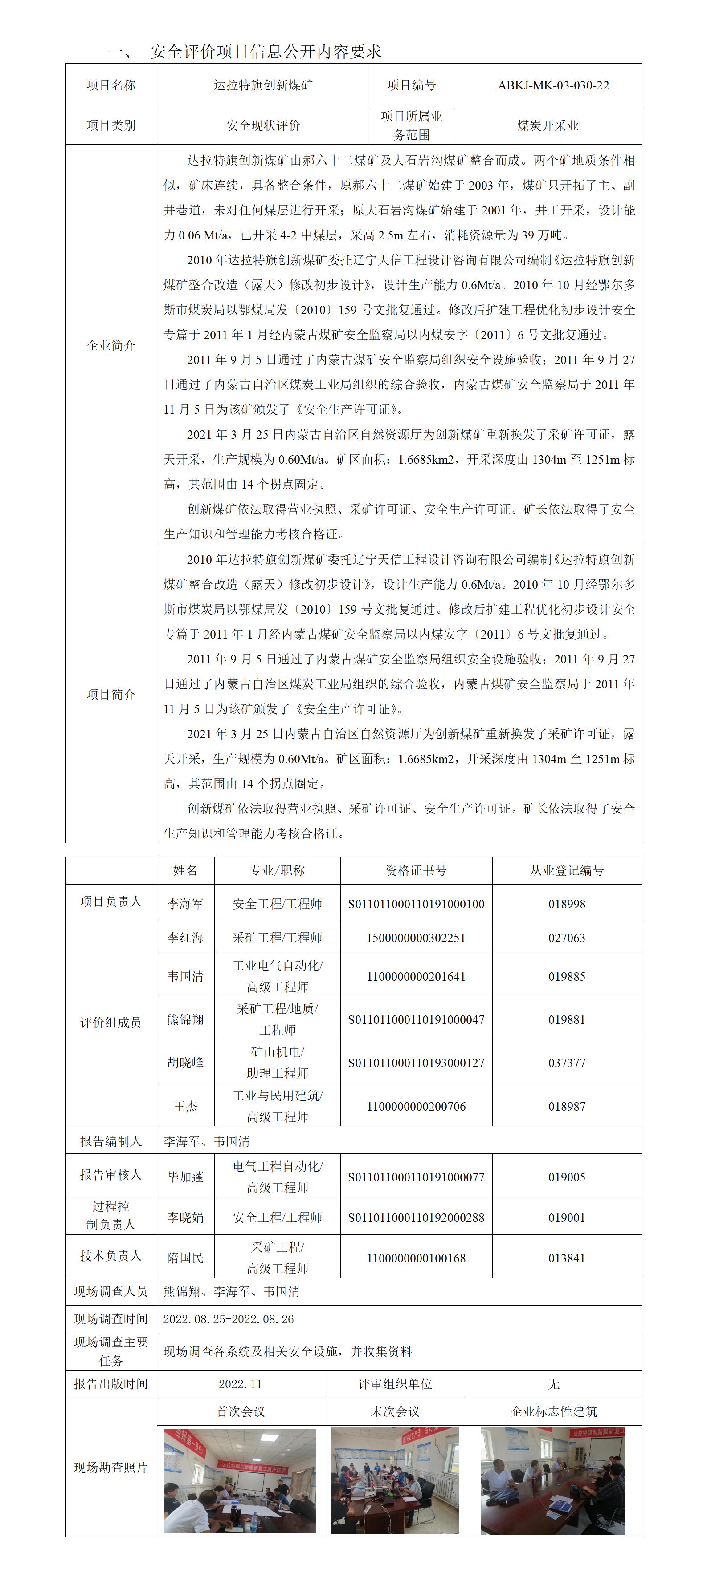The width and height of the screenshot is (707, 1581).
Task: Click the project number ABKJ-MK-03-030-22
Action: pyautogui.click(x=553, y=85)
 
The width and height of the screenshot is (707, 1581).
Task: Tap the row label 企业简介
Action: pyautogui.click(x=110, y=345)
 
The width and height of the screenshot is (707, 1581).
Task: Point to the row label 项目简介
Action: pyautogui.click(x=110, y=694)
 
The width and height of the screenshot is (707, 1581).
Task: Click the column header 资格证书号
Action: pyautogui.click(x=416, y=870)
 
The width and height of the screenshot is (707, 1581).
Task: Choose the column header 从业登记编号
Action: pyautogui.click(x=566, y=870)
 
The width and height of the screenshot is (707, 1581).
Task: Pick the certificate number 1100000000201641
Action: pyautogui.click(x=416, y=976)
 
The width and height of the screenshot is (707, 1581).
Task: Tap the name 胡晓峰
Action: pyautogui.click(x=185, y=1063)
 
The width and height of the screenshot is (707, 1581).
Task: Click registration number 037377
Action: pyautogui.click(x=566, y=1063)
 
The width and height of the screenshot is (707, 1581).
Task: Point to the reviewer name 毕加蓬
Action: pyautogui.click(x=185, y=1177)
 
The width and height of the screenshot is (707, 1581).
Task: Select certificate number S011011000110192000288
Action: pyautogui.click(x=416, y=1217)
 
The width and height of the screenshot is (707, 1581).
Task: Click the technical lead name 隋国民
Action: pyautogui.click(x=185, y=1258)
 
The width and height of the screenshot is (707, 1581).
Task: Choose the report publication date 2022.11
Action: pyautogui.click(x=240, y=1384)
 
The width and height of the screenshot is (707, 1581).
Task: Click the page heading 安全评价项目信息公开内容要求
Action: pyautogui.click(x=266, y=52)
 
